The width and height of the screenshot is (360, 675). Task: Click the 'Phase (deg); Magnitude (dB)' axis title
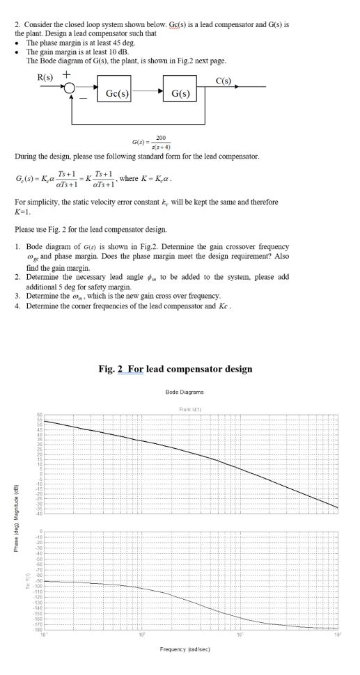(x=6, y=516)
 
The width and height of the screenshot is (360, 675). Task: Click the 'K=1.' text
(x=23, y=209)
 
